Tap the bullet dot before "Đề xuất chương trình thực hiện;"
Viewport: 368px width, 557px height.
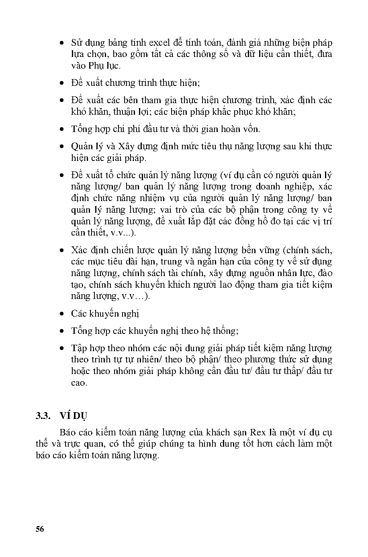coord(61,83)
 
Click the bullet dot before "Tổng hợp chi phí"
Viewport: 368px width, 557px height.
coord(61,129)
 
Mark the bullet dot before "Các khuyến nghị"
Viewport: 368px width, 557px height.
coord(61,313)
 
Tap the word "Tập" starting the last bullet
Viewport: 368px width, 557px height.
coord(79,348)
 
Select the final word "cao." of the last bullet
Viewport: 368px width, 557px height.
coord(79,383)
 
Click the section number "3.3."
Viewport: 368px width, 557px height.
coord(43,416)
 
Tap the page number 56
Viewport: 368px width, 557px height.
coord(39,529)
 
